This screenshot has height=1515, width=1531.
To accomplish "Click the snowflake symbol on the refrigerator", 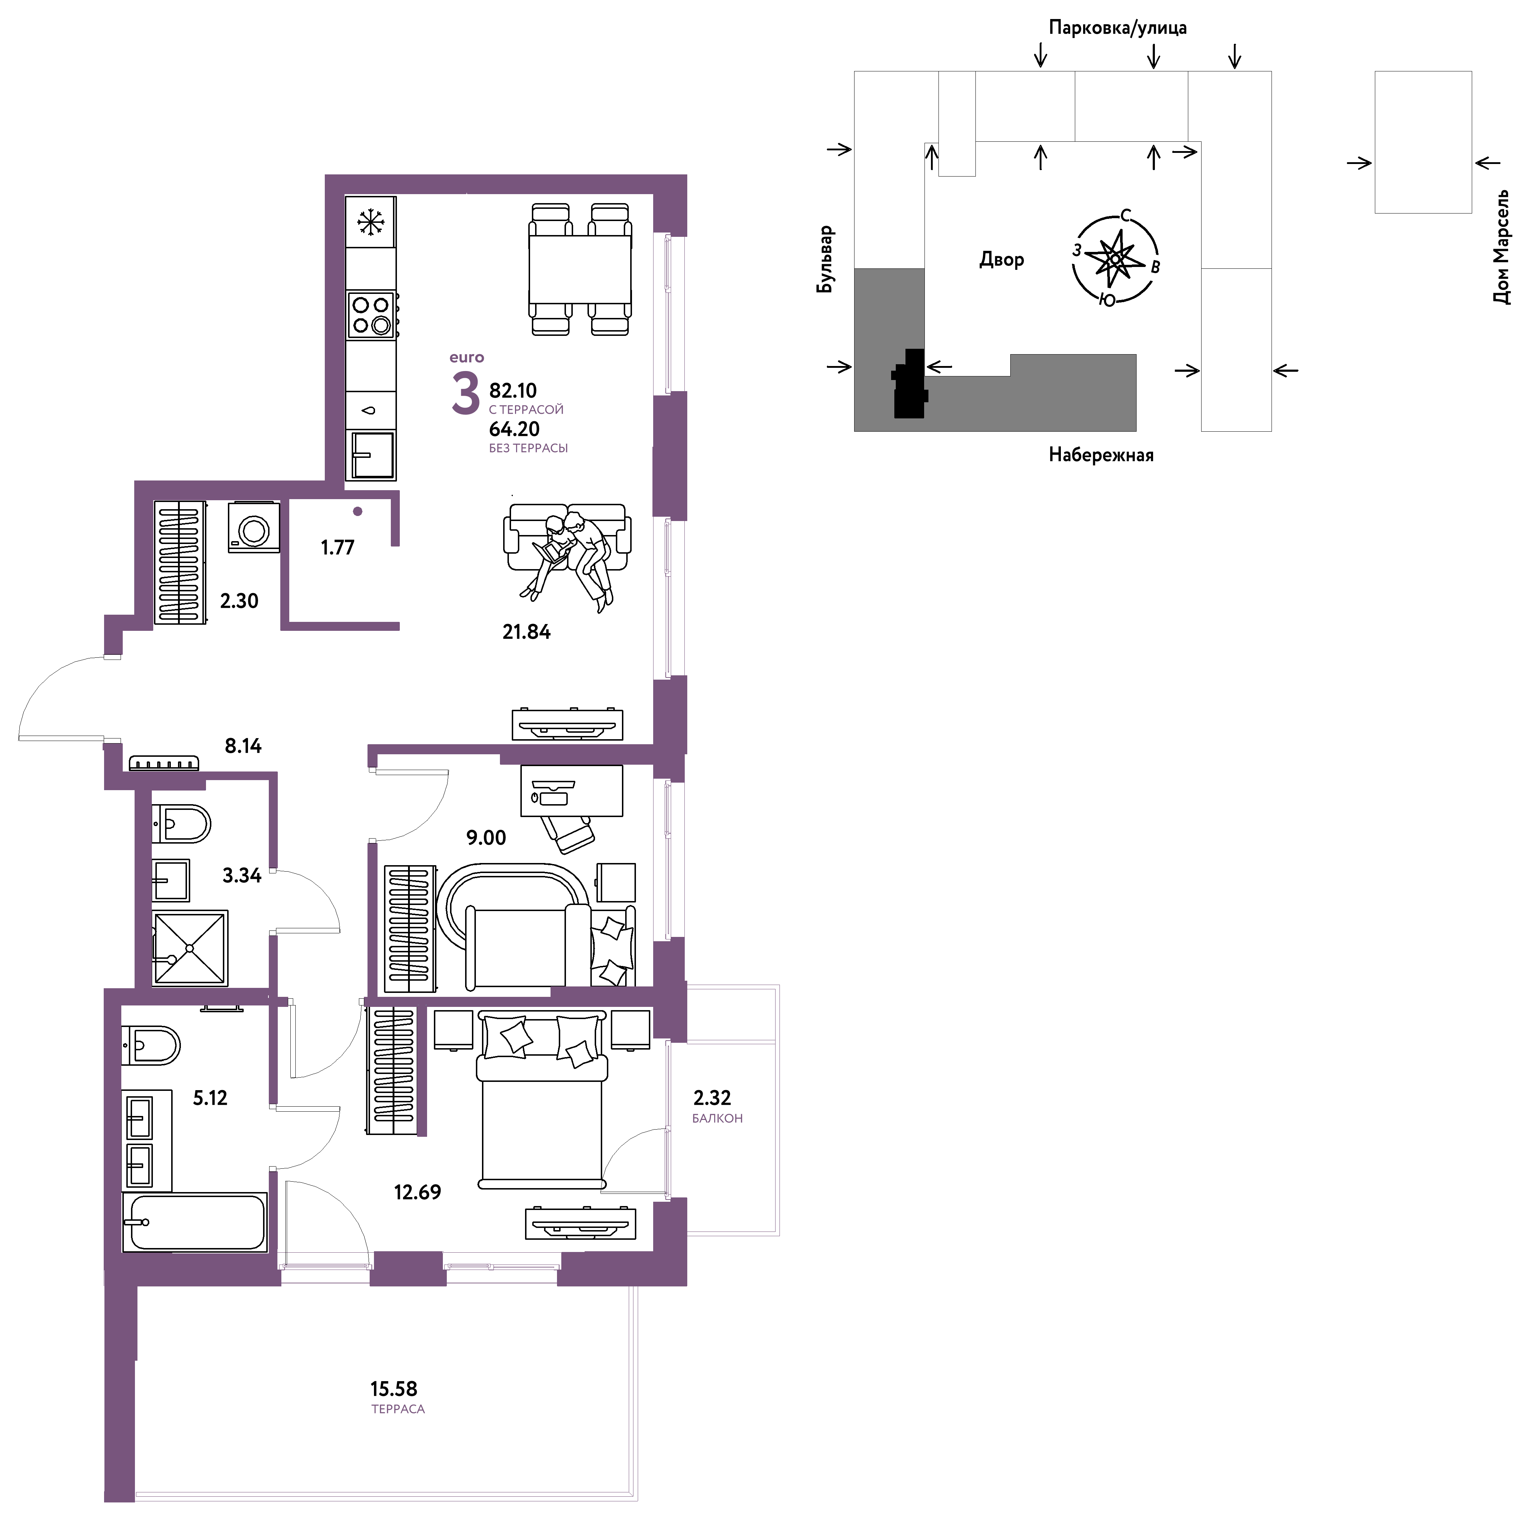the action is [370, 222].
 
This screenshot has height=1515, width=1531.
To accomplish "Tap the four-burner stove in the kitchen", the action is [372, 314].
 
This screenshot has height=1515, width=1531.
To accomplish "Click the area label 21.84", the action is [526, 632].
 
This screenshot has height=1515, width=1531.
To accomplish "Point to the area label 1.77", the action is [338, 548].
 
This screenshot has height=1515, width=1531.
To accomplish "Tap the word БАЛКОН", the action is [717, 1119].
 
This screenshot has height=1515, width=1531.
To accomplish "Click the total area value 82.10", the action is [513, 391].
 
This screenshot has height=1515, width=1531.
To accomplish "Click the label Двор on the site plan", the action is [1002, 259].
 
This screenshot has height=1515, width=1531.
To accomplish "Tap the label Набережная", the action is [1101, 455].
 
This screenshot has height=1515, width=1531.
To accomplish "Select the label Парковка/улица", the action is [1117, 28].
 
